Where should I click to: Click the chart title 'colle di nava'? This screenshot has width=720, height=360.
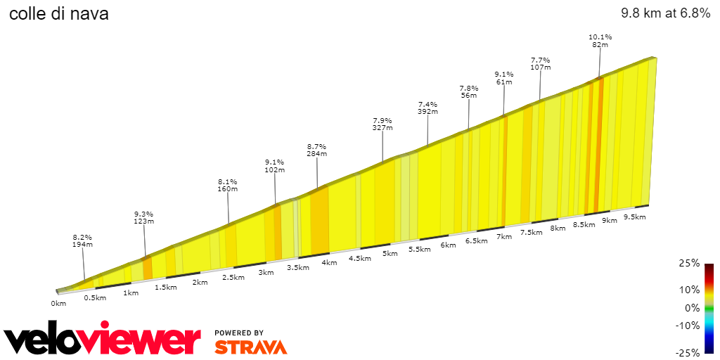58,13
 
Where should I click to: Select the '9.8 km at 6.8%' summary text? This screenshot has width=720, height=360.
665,13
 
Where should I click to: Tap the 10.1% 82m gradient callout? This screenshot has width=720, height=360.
600,41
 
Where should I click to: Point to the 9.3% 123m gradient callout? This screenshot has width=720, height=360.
143,218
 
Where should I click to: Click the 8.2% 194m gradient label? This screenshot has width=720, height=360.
82,241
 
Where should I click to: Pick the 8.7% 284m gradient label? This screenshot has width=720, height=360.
316,150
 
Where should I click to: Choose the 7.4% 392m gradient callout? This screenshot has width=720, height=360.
427,108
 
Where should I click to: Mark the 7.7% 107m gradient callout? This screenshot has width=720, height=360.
540,64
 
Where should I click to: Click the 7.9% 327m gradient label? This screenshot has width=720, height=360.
382,124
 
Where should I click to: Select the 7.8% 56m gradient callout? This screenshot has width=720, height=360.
469,92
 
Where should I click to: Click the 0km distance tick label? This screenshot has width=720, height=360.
58,304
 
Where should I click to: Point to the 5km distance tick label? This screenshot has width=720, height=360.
390,253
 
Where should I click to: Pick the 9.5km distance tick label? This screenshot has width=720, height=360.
634,217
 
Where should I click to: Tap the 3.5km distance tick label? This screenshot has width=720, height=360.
298,268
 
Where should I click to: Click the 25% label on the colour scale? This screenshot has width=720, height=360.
690,263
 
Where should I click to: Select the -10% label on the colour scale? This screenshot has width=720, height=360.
688,326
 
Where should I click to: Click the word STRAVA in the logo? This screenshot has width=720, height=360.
250,347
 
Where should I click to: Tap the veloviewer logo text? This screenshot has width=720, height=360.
103,340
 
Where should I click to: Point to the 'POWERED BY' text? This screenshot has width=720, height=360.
239,333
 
